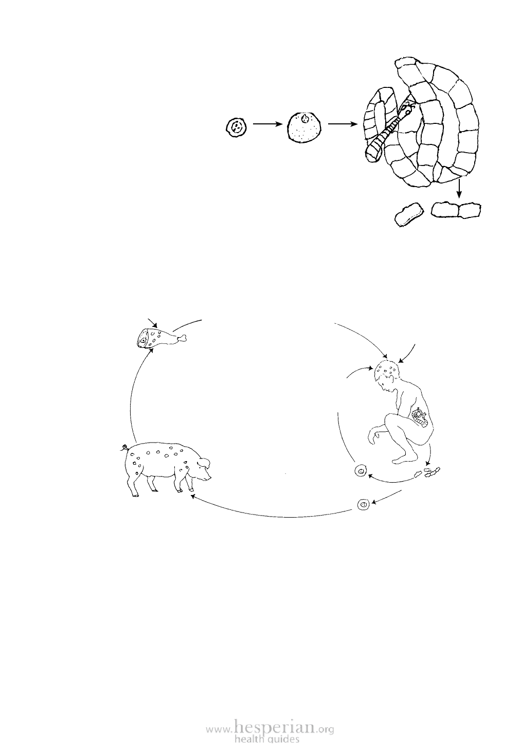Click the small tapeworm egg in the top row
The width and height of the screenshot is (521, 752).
pos(236,127)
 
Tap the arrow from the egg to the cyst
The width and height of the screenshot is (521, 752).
pos(267,124)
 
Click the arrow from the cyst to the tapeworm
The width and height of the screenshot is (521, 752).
pos(343,124)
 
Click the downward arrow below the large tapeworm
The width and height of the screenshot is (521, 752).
pos(459,189)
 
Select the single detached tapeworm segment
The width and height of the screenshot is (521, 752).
pos(408,213)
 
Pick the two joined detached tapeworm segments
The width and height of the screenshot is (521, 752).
pos(456,210)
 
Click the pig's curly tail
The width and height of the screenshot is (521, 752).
pos(124,447)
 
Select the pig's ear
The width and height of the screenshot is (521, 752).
pos(204,463)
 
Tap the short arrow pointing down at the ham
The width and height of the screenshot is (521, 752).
pos(153,323)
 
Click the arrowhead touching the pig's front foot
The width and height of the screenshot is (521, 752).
pos(192,496)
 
